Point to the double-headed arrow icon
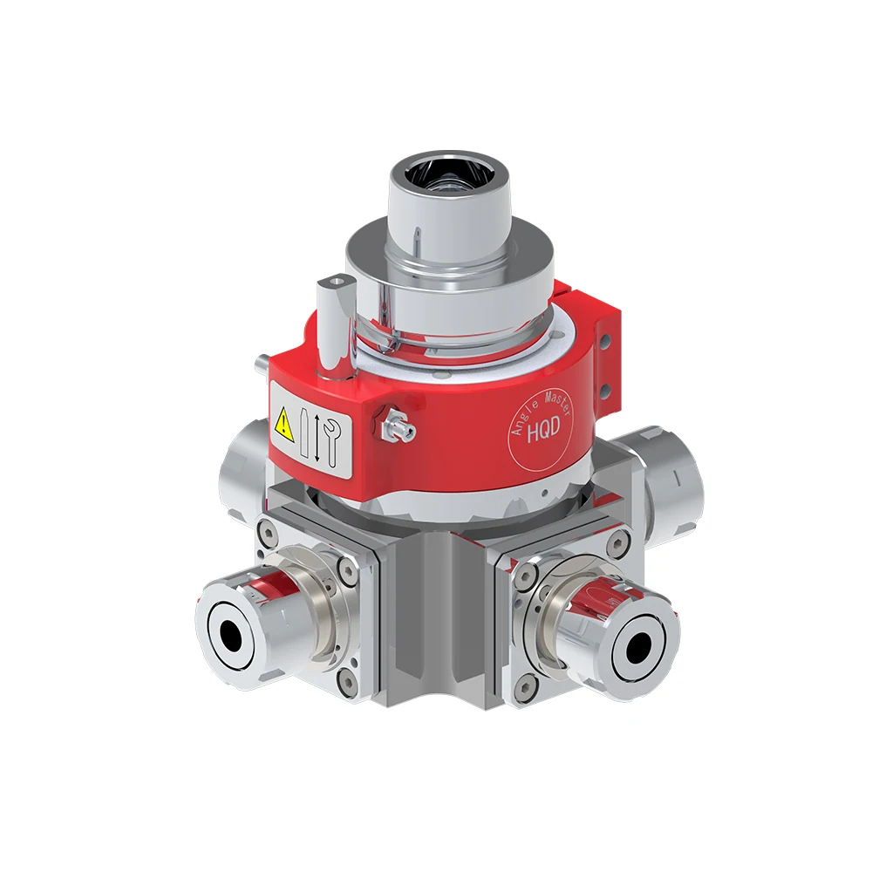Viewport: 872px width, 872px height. click(316, 437)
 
